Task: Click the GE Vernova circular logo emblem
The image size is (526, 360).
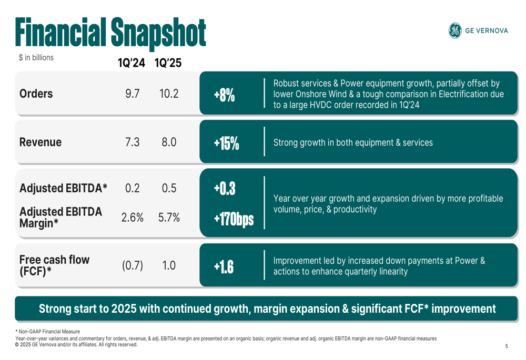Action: click(454, 30)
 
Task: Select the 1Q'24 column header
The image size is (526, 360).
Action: click(131, 63)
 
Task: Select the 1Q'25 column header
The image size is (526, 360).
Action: click(168, 63)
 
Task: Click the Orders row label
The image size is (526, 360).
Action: click(36, 94)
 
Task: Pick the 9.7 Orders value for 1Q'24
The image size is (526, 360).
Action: click(132, 94)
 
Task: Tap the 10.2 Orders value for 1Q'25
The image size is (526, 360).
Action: click(169, 94)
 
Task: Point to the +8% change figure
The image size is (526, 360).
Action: click(224, 96)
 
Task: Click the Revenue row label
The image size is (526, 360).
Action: click(40, 142)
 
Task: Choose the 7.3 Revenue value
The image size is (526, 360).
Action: click(132, 142)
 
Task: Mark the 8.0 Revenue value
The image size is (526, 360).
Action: click(169, 142)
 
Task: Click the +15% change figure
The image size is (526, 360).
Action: click(226, 143)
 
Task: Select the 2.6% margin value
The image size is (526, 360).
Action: click(132, 217)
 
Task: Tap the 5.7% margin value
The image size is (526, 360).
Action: click(169, 217)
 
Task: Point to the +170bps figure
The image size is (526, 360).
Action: click(234, 219)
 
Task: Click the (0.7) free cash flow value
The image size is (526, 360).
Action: click(133, 265)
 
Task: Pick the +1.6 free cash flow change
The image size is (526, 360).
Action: click(224, 267)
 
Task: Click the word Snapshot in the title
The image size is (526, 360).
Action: click(158, 33)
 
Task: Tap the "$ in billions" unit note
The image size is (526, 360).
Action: click(36, 57)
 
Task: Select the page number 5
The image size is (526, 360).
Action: click(507, 346)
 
